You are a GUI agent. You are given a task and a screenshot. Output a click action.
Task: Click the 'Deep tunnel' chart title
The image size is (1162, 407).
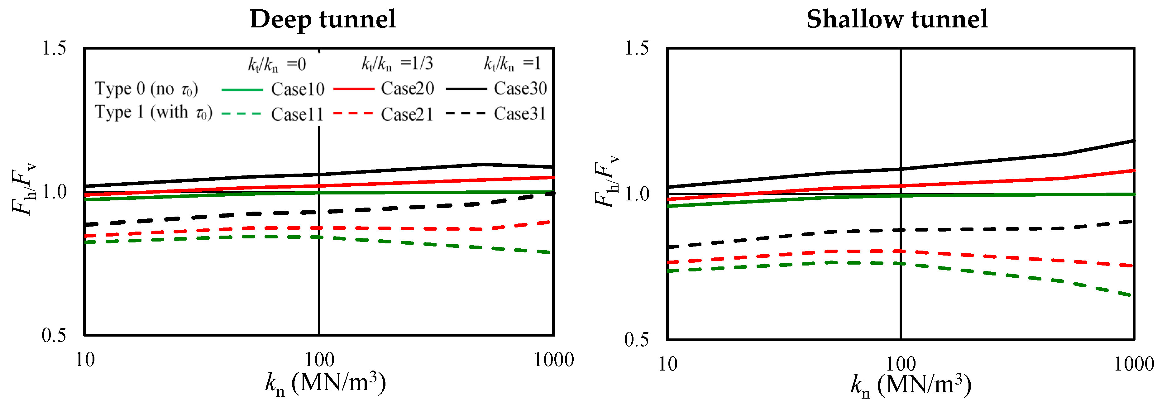click(323, 19)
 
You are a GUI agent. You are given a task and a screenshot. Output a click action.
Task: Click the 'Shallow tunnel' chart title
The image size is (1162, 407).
click(897, 19)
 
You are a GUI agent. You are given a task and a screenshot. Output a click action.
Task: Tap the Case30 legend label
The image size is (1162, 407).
click(520, 89)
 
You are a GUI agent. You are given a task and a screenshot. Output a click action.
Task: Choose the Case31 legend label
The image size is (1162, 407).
click(520, 114)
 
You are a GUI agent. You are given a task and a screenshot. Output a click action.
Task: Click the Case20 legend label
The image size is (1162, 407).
click(407, 89)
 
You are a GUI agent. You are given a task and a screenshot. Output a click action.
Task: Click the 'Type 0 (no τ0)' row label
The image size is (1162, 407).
click(146, 89)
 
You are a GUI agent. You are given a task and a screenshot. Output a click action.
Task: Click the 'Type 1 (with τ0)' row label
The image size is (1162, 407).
click(153, 113)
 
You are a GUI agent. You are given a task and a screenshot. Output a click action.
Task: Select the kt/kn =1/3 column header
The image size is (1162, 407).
click(397, 64)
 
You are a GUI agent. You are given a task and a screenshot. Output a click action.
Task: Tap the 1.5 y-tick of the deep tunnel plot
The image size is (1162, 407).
click(54, 48)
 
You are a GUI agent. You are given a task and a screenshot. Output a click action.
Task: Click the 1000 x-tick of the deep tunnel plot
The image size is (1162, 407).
click(553, 360)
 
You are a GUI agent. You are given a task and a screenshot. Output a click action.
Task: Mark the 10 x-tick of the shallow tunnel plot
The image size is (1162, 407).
click(667, 364)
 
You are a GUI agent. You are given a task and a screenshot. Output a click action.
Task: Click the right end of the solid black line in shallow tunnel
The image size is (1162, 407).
click(1133, 141)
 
